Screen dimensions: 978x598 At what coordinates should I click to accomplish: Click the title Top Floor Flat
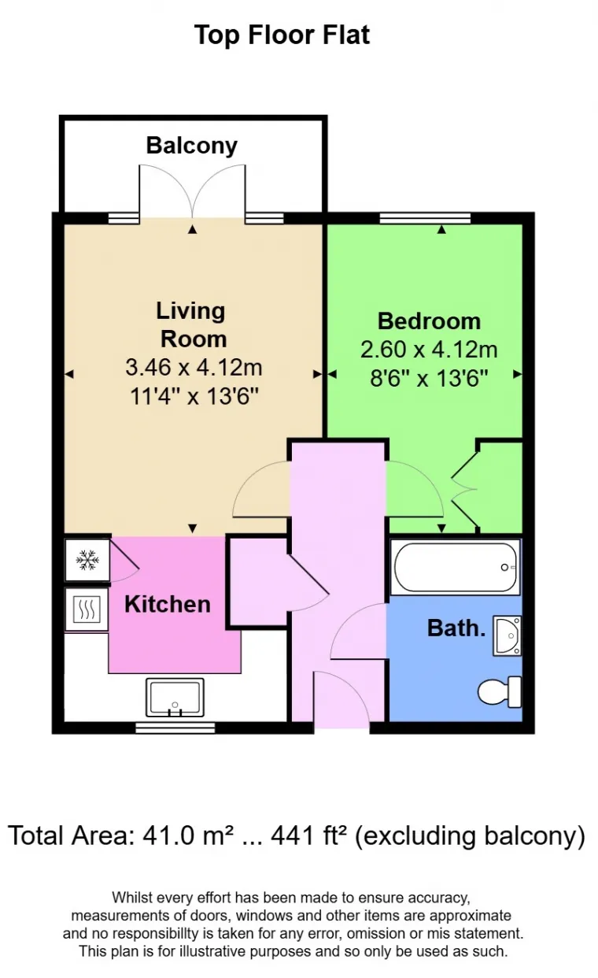click(x=282, y=35)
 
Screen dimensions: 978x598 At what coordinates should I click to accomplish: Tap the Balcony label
click(x=191, y=146)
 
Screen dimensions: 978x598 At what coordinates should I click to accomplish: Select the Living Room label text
click(x=192, y=324)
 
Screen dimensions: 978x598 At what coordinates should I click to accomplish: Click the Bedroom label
click(x=429, y=321)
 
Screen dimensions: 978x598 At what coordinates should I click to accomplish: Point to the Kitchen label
click(x=168, y=604)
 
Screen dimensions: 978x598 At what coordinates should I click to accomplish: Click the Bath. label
click(x=456, y=628)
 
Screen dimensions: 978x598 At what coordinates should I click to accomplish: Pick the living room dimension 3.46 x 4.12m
click(x=194, y=367)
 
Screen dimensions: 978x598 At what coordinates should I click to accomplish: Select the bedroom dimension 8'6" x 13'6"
click(x=429, y=377)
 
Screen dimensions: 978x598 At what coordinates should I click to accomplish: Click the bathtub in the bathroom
click(x=454, y=567)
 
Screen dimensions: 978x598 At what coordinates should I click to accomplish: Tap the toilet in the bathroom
click(x=501, y=691)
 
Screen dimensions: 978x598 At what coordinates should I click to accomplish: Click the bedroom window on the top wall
click(x=425, y=218)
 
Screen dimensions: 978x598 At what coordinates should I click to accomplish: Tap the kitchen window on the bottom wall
click(x=175, y=727)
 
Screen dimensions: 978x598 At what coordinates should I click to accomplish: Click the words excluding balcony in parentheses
click(x=470, y=836)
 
